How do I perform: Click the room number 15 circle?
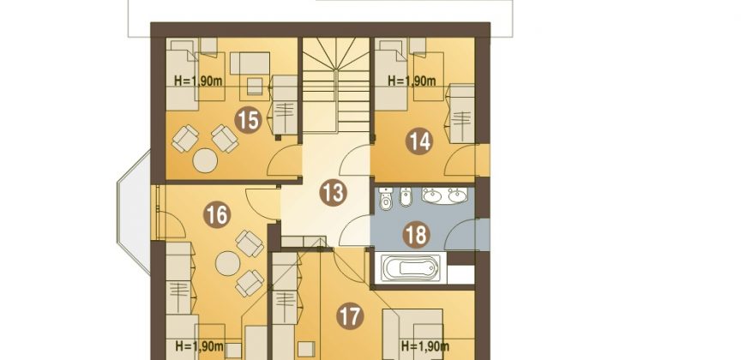(248, 120)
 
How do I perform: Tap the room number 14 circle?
(419, 141)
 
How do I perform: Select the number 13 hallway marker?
(333, 192)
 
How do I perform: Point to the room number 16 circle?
(217, 214)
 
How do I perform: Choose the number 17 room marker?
(350, 316)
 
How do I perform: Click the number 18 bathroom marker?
(416, 235)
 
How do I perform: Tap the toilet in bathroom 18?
(386, 199)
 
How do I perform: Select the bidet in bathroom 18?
(406, 197)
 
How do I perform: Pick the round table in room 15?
(205, 160)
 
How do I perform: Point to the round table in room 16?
(228, 263)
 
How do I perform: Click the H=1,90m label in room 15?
(198, 81)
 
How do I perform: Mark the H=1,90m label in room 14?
(412, 81)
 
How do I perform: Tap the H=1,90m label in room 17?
(424, 345)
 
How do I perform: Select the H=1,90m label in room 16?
(199, 345)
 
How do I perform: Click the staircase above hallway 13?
(336, 85)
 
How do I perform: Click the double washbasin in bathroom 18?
(445, 195)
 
